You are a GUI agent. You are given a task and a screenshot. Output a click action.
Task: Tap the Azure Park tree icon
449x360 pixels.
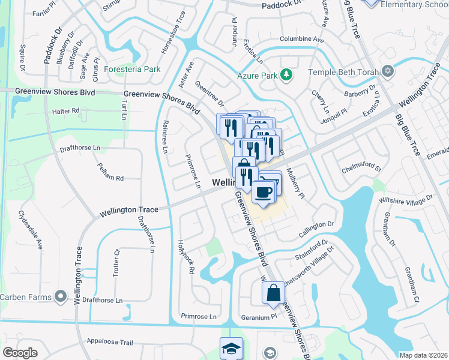(x=288, y=74)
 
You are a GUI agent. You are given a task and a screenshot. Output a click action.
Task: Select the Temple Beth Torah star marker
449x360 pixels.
(x=388, y=72)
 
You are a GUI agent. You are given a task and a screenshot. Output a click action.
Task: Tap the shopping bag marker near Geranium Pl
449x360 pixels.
(x=273, y=293)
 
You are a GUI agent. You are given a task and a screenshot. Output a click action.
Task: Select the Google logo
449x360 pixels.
(x=20, y=353)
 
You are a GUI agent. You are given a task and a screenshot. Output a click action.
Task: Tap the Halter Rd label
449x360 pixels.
(x=66, y=111)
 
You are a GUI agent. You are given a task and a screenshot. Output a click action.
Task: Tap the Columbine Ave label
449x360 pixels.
(x=301, y=40)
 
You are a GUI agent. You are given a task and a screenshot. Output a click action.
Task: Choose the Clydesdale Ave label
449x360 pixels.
(x=31, y=229)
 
